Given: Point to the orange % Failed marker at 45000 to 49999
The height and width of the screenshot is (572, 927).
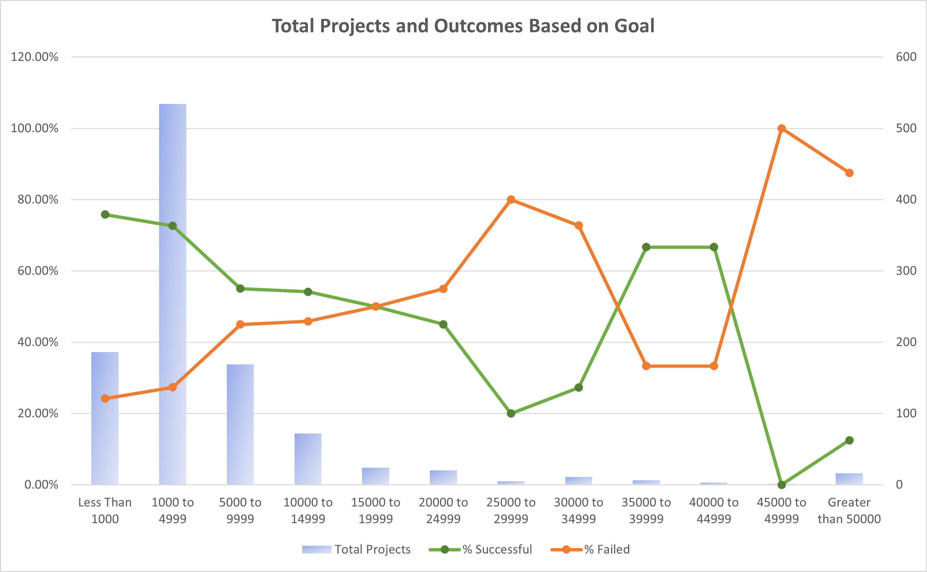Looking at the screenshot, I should point(782,129).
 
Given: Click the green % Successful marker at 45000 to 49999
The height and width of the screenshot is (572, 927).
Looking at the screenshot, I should point(782,485).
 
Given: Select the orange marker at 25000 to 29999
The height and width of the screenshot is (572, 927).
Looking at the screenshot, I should point(511,200).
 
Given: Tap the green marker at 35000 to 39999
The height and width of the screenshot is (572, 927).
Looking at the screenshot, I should point(646,247).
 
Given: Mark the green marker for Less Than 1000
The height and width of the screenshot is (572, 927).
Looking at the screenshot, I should point(105,215).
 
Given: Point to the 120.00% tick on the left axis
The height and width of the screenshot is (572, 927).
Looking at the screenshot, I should point(35,57).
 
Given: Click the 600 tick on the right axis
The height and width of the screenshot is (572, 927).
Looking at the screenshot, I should point(906,57).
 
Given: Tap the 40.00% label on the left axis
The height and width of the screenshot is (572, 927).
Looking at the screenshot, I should point(38,342).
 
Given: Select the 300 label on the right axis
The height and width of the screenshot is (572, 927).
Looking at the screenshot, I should point(906,271).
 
